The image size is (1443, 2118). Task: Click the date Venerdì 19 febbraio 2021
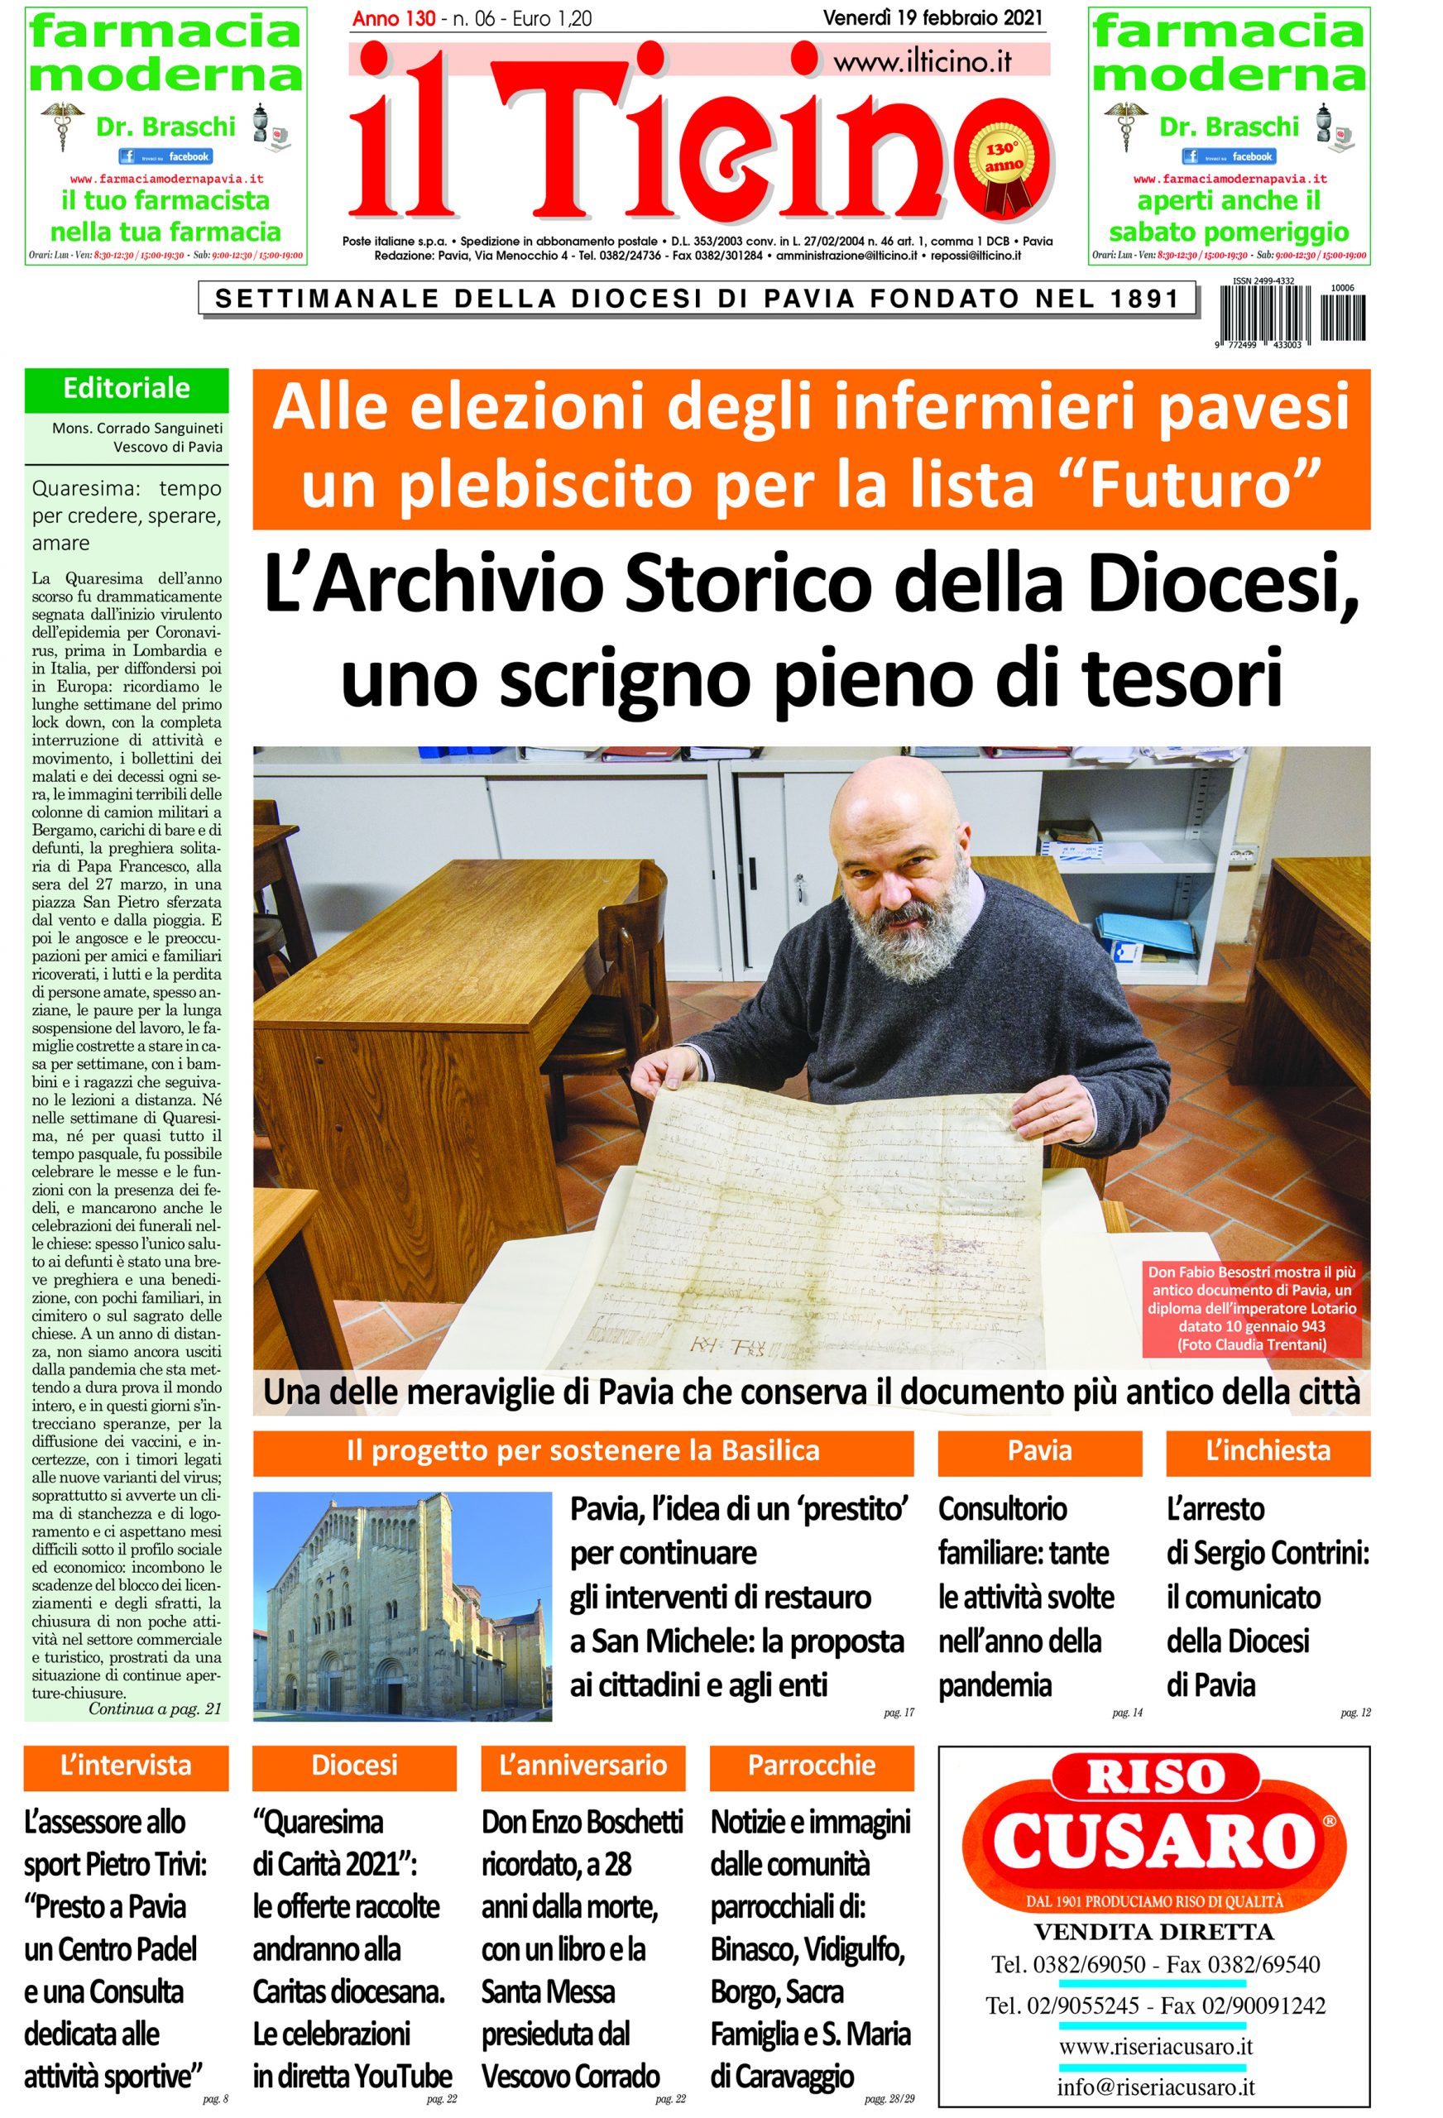[x=932, y=18]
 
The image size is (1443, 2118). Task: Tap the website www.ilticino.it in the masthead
[x=922, y=61]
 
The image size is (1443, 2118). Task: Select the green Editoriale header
[x=127, y=389]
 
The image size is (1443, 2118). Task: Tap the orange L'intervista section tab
[x=126, y=1766]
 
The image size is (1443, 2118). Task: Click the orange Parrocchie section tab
[x=812, y=1766]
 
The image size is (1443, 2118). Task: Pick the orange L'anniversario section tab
[x=583, y=1766]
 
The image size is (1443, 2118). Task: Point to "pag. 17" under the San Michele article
[x=898, y=1713]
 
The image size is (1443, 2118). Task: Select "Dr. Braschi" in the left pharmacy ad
[x=165, y=127]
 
